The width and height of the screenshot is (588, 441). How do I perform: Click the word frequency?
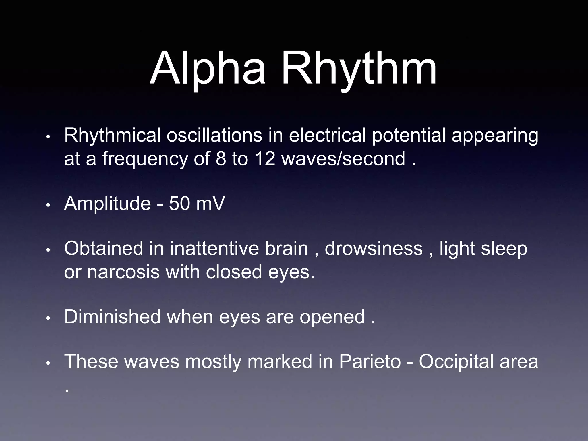tap(145, 159)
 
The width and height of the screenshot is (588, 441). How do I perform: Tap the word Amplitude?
tap(107, 204)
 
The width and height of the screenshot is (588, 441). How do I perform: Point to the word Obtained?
tap(104, 248)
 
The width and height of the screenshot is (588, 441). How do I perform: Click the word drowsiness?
tap(374, 248)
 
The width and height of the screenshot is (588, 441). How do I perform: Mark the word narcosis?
tap(123, 272)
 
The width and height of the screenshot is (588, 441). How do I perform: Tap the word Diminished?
tap(112, 317)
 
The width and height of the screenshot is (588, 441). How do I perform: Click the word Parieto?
tap(370, 361)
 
